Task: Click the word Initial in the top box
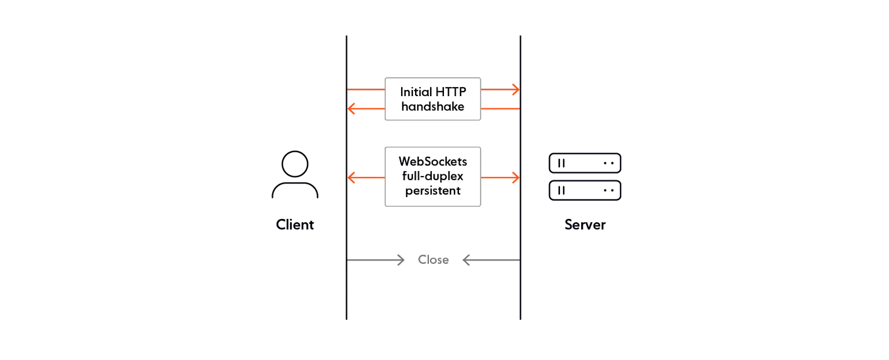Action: tap(416, 92)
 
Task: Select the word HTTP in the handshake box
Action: tap(451, 92)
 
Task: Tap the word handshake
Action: tap(433, 107)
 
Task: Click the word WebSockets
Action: tap(433, 162)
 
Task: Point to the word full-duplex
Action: tap(433, 176)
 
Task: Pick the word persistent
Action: tap(433, 191)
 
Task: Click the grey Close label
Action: tap(433, 259)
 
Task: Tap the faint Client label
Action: tap(296, 225)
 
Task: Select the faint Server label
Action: tap(585, 225)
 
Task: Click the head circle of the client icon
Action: tap(294, 164)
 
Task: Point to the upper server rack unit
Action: tap(585, 163)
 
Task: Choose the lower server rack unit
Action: tap(585, 191)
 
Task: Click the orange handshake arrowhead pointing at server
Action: tap(516, 89)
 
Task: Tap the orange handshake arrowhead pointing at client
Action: tap(351, 108)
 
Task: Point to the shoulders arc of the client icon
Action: tap(295, 189)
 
